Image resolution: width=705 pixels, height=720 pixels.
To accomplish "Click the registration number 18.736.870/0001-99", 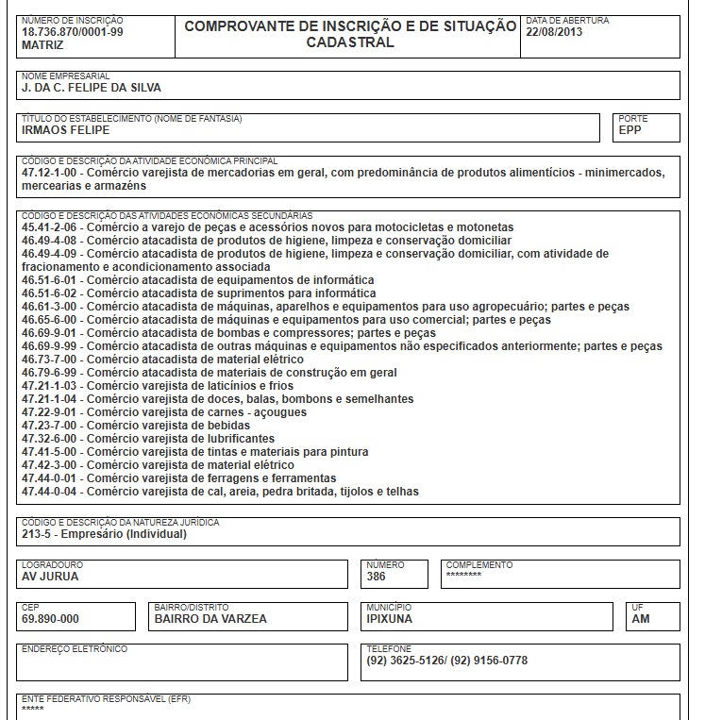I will click(x=72, y=32).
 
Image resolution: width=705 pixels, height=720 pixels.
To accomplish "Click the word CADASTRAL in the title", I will click(x=350, y=42).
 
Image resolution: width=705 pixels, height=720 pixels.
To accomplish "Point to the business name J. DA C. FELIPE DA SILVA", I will click(x=92, y=88).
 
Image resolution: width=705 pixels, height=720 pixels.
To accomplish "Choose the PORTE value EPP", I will click(x=629, y=130).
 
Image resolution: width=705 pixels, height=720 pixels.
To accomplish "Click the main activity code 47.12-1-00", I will click(x=53, y=174).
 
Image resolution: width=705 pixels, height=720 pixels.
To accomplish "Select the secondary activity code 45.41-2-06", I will click(x=53, y=227).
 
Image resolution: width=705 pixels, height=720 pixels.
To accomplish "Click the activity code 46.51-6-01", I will click(x=53, y=280).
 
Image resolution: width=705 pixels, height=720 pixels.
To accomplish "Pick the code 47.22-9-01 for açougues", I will click(x=53, y=412).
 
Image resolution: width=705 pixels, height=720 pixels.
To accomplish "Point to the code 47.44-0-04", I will click(x=53, y=492).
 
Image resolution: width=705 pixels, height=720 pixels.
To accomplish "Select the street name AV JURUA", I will click(x=50, y=577).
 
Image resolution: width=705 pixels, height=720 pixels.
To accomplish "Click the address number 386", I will click(x=377, y=577).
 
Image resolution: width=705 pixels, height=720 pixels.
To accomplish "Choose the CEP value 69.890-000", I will click(x=50, y=619).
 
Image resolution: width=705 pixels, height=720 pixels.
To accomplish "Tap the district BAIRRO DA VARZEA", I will click(x=210, y=619).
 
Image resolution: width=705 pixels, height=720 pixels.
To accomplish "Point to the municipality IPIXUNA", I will click(x=389, y=619).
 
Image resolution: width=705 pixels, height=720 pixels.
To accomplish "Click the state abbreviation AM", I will click(x=641, y=619).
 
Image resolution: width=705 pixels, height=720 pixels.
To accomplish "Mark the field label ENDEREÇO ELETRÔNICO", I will click(x=74, y=649).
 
